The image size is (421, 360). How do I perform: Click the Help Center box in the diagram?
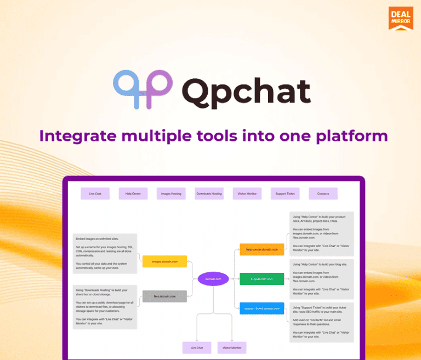tap(133, 193)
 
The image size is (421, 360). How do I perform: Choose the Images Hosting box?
tap(170, 193)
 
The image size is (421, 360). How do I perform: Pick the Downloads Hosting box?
tap(209, 193)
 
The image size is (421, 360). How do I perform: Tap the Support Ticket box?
tap(285, 193)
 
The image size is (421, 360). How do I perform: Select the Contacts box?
tap(323, 193)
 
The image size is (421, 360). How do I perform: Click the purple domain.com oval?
tap(213, 279)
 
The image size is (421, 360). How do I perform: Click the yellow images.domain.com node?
tap(164, 261)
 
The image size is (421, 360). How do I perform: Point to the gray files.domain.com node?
tap(164, 296)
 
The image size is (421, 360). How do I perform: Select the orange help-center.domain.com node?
tap(261, 249)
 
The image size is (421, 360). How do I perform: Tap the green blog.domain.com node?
tap(261, 279)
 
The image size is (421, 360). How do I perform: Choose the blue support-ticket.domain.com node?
tap(261, 308)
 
